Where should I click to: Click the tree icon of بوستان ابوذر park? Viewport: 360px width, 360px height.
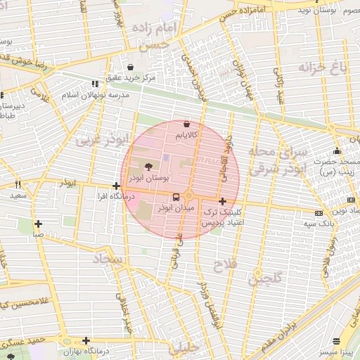(148, 167)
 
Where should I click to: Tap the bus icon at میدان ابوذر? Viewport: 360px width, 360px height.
(175, 197)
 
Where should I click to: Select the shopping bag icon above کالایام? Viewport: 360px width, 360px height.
(186, 123)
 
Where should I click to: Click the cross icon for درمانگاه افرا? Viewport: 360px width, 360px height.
(116, 186)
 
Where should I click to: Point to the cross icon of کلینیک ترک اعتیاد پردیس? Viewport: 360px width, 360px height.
(223, 201)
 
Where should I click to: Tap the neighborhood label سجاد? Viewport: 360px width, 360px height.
(107, 260)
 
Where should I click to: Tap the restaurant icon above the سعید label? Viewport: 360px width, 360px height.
(17, 184)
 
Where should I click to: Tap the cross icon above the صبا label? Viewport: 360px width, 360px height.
(38, 224)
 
